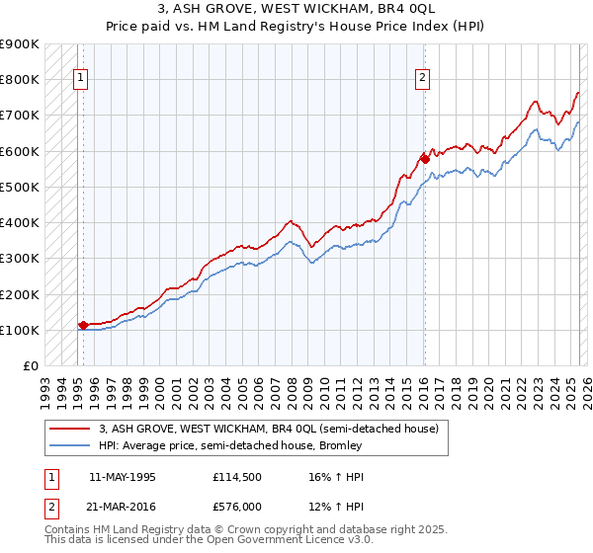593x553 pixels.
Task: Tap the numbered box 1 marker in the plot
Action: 81,79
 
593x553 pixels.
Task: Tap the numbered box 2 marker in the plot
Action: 423,79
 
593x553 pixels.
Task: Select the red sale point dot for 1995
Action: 83,324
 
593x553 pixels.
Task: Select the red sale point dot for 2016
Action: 424,158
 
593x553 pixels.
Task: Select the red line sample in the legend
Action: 69,429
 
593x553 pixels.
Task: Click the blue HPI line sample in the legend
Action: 69,445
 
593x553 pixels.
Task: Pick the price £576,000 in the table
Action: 238,507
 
